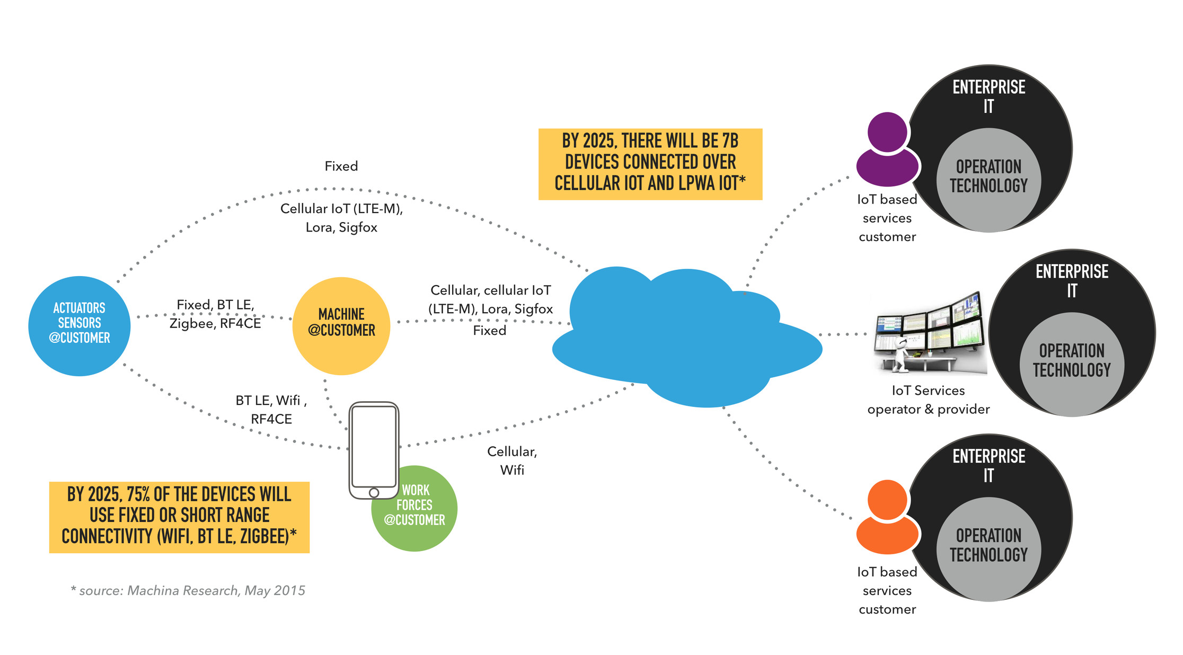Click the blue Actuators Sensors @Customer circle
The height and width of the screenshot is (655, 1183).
(x=79, y=325)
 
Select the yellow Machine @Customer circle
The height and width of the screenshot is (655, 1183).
(x=341, y=325)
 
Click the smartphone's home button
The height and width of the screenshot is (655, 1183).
(x=374, y=492)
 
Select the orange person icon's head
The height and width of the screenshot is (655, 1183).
(x=887, y=499)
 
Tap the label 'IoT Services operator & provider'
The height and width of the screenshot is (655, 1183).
(x=928, y=400)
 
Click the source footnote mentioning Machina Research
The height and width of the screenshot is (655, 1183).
(x=188, y=590)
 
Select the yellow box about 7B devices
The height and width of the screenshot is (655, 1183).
(x=650, y=163)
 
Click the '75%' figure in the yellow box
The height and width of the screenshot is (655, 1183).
(x=138, y=494)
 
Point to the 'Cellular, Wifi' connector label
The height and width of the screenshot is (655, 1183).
(x=512, y=460)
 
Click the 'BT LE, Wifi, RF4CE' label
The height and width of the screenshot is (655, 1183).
(x=271, y=409)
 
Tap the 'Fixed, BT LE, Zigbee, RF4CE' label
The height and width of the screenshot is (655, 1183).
(x=215, y=314)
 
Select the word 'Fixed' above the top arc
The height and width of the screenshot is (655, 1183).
(x=341, y=166)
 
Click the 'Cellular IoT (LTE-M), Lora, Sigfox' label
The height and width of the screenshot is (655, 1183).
(x=341, y=218)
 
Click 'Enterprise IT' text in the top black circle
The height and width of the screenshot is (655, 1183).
(x=988, y=96)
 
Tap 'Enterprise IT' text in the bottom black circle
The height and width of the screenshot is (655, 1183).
(x=988, y=465)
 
